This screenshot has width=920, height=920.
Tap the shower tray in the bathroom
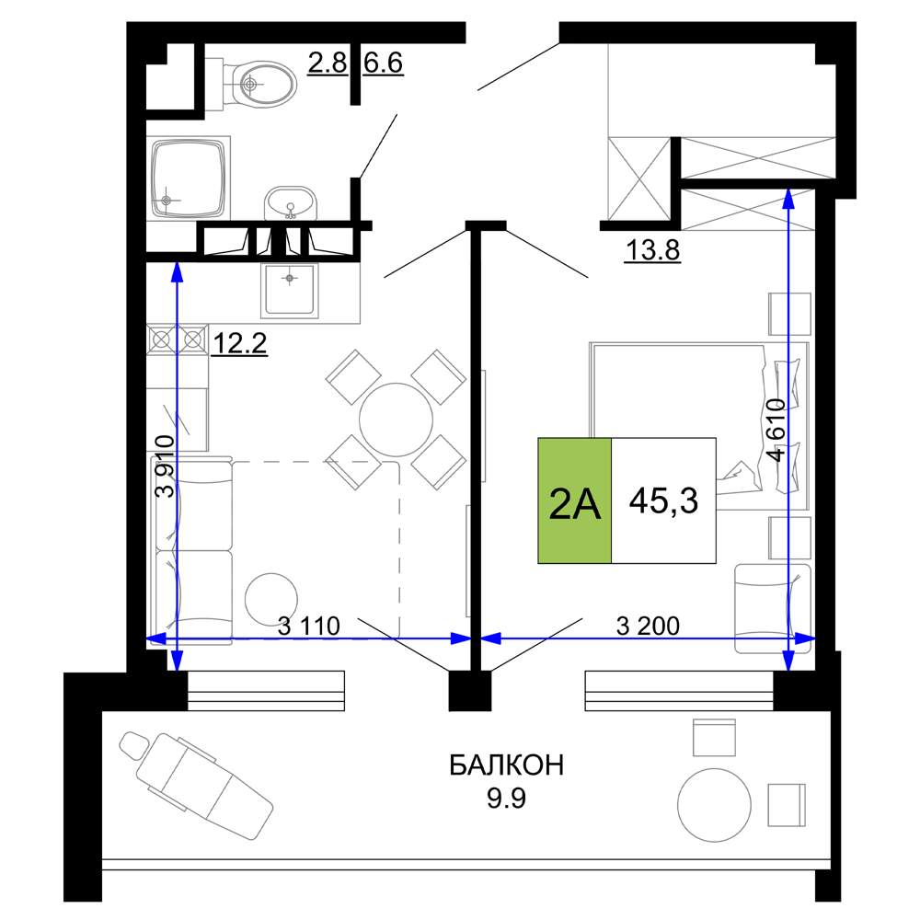point(189,178)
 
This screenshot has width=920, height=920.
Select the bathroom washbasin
point(290,202)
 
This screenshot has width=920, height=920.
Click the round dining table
point(396,420)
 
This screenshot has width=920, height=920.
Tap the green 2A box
point(575,500)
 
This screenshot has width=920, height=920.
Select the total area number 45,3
point(663,501)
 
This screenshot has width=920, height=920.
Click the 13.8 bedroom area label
point(652,250)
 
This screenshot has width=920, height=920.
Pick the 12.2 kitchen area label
point(239,343)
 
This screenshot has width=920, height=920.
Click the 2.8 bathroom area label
point(328,63)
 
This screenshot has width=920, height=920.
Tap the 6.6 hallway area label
point(383,63)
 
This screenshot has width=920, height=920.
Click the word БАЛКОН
point(506,765)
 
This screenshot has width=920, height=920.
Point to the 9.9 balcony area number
point(506,798)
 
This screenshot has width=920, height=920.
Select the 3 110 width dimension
point(308,626)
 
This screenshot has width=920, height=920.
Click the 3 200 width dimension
point(648,626)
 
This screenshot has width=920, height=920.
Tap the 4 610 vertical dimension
point(776,430)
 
